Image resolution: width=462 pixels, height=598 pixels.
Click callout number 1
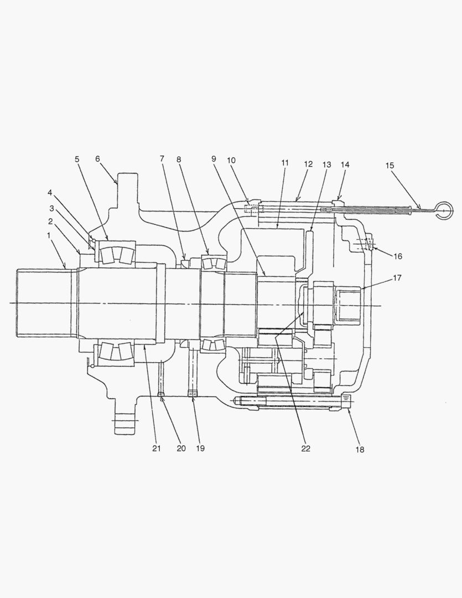coord(49,235)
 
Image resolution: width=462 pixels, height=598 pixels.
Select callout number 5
coord(77,159)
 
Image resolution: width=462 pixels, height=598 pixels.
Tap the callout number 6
coord(97,159)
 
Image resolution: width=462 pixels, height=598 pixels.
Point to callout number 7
coord(162,158)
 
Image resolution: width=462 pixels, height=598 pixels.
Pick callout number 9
coord(214,158)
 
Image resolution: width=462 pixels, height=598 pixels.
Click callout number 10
coord(231,160)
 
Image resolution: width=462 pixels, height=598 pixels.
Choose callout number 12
coord(308,164)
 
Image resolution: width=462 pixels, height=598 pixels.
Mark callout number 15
coord(390,166)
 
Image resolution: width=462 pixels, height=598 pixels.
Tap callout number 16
coord(398,256)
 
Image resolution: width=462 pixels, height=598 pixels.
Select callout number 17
coord(397,277)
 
